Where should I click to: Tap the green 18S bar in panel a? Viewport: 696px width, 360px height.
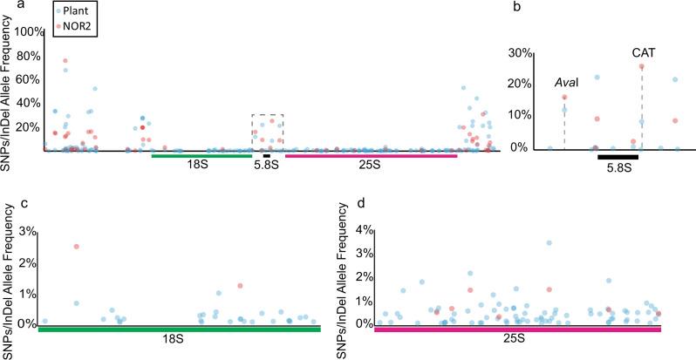[x=201, y=155]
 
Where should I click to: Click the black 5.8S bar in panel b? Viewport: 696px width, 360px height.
[x=618, y=157]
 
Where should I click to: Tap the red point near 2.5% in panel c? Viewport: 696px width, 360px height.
[x=77, y=247]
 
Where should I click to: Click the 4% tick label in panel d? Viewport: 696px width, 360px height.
[x=364, y=231]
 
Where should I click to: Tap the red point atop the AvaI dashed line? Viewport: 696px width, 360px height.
[x=564, y=98]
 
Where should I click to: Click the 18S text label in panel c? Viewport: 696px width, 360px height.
[x=180, y=339]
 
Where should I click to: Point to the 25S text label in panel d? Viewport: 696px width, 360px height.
[x=517, y=339]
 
